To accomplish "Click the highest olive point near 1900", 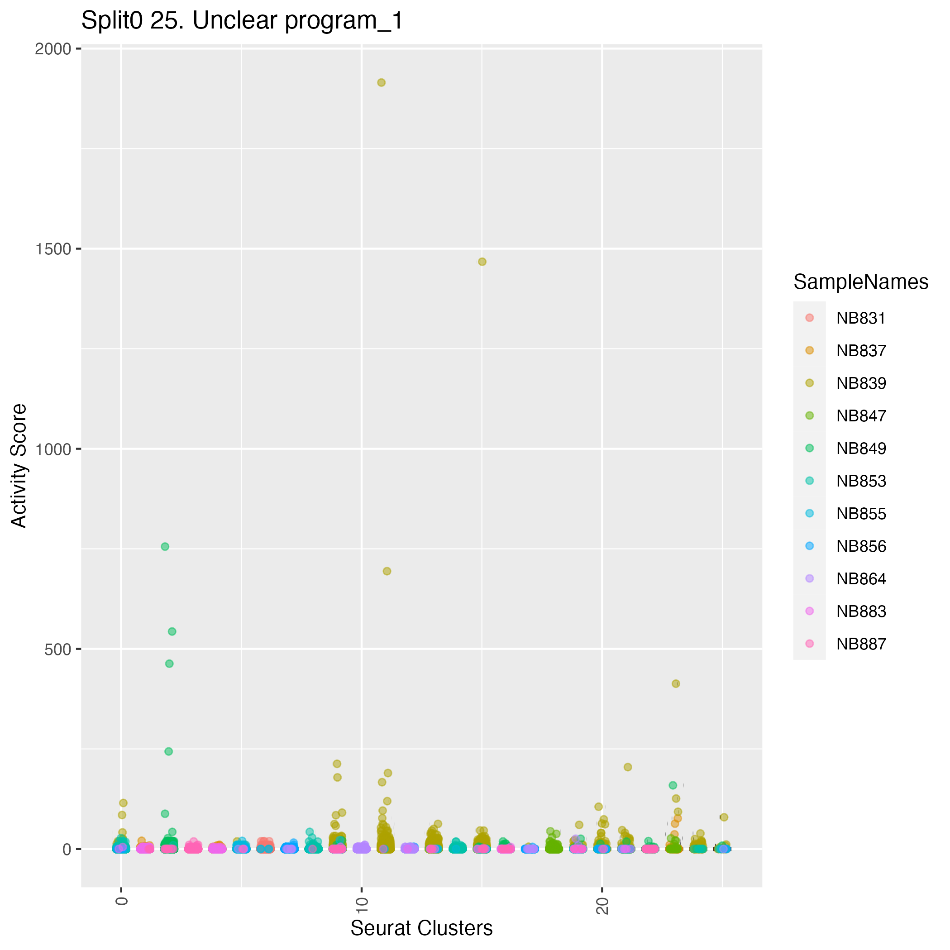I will click(381, 83).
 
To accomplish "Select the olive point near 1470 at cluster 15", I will click(482, 262).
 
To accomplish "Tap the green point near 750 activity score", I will click(165, 546).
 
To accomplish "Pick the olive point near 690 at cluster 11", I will click(387, 571).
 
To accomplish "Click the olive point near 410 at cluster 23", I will click(676, 683).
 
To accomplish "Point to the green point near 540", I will click(172, 631).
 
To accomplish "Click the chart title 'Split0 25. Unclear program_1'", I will click(242, 21).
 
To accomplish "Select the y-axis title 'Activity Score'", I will click(19, 466).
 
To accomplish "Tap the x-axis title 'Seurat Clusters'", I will click(421, 928).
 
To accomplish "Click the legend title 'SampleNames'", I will click(860, 282).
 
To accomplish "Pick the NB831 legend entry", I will click(860, 319).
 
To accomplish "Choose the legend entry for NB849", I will click(860, 449).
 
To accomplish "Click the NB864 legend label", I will click(860, 579).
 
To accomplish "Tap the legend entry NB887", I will click(860, 644).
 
